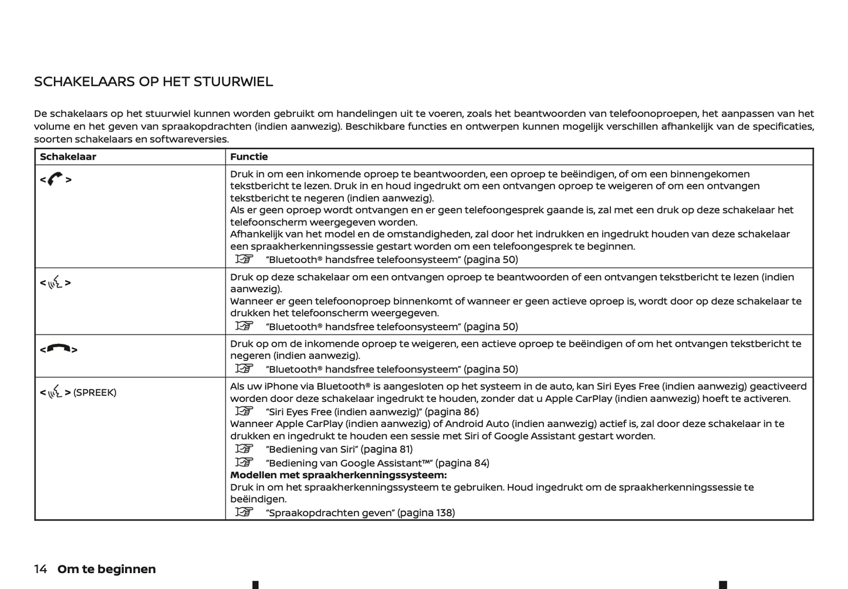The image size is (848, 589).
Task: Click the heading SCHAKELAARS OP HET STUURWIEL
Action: tap(153, 82)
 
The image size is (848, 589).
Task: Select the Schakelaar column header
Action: tap(67, 157)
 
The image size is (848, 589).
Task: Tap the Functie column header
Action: tap(249, 157)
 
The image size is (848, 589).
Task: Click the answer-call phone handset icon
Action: tap(55, 180)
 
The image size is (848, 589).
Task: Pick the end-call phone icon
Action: tap(58, 349)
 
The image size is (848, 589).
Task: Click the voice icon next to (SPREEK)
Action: tap(55, 392)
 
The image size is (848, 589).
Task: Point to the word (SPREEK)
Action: tap(94, 392)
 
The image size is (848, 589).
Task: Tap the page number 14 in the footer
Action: tap(40, 569)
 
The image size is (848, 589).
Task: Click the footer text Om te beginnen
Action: tap(107, 569)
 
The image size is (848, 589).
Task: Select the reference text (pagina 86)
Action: tap(451, 412)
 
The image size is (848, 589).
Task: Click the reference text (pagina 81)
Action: tap(386, 449)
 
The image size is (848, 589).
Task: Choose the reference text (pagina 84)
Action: tap(462, 463)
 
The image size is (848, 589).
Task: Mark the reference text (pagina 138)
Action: tap(425, 513)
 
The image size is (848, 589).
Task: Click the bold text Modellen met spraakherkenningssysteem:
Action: tap(338, 475)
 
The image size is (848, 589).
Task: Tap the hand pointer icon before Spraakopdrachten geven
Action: tap(244, 512)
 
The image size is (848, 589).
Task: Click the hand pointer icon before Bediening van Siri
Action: tap(244, 449)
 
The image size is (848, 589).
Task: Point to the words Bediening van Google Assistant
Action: tap(348, 463)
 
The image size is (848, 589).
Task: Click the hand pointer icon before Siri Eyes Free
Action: tap(244, 411)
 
